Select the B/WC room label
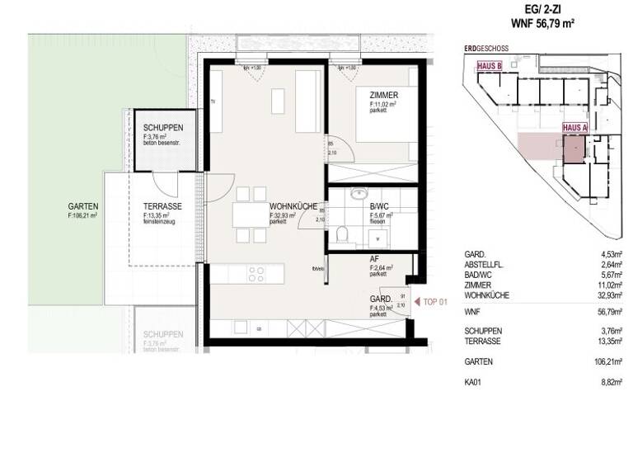click(x=379, y=206)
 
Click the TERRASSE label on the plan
click(x=162, y=206)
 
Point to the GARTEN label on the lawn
click(x=83, y=206)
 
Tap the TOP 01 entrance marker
click(x=434, y=303)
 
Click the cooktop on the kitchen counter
click(x=256, y=273)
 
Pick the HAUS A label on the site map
click(x=574, y=128)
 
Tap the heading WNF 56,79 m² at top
click(x=542, y=25)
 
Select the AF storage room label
click(x=374, y=258)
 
